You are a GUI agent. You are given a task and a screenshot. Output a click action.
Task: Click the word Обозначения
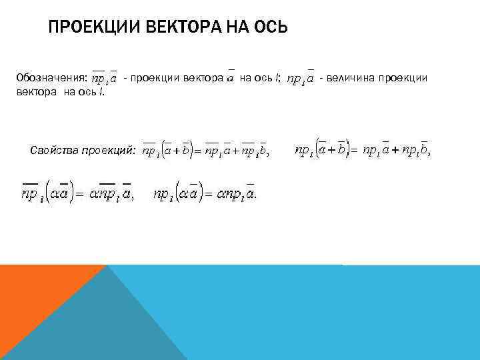coord(50,78)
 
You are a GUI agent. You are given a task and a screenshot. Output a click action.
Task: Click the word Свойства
coord(54,151)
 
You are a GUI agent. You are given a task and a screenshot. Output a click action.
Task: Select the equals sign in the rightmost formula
coord(354,151)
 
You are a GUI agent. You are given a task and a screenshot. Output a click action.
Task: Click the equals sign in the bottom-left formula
coord(77,195)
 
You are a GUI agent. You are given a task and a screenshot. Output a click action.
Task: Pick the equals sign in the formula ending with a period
coord(208,195)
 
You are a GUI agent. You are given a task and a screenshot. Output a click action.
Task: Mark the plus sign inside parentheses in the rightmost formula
coord(331,151)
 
